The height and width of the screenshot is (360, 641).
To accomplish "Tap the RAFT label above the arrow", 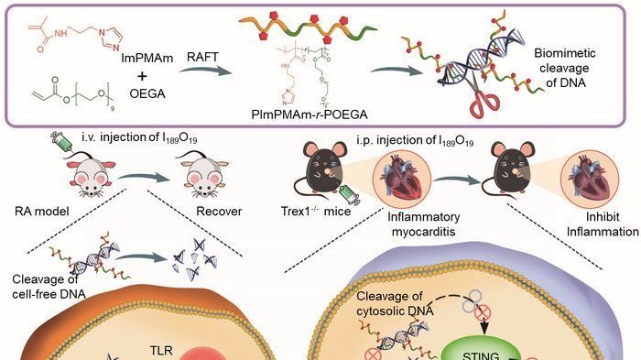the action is point(202,57).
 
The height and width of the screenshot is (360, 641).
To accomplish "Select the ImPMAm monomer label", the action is point(147,58).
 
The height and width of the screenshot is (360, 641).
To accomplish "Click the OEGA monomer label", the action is point(147,93).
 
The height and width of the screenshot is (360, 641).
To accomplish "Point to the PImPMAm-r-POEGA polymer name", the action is point(310,115).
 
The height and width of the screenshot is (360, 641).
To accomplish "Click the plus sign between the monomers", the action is point(142,76).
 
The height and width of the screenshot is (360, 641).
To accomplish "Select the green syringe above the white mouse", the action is point(61,142).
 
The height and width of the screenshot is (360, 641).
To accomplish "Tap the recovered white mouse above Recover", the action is point(203,175).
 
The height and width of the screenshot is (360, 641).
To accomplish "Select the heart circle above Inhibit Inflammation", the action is point(589,180).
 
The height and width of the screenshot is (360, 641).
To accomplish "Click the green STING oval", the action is point(481,352).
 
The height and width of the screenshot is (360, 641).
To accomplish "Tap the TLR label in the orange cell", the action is point(161,351).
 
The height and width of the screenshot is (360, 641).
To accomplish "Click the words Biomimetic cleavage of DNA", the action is point(565,68).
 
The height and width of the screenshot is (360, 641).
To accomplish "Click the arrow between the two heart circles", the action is point(456,180).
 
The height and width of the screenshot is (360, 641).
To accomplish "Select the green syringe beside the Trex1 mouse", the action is point(350,194).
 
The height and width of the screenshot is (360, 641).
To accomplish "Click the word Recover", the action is point(219,211).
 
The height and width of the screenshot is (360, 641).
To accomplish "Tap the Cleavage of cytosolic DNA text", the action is point(395,303).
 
